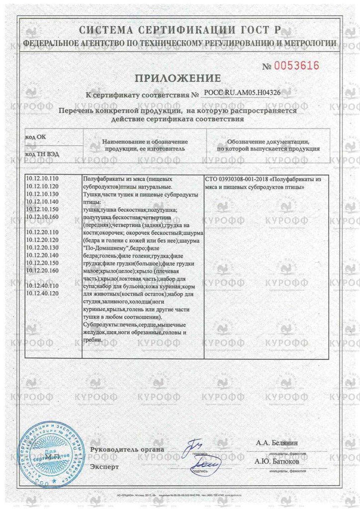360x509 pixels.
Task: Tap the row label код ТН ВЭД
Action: click(x=42, y=154)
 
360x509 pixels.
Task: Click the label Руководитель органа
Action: click(x=127, y=450)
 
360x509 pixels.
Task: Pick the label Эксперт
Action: click(x=104, y=467)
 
